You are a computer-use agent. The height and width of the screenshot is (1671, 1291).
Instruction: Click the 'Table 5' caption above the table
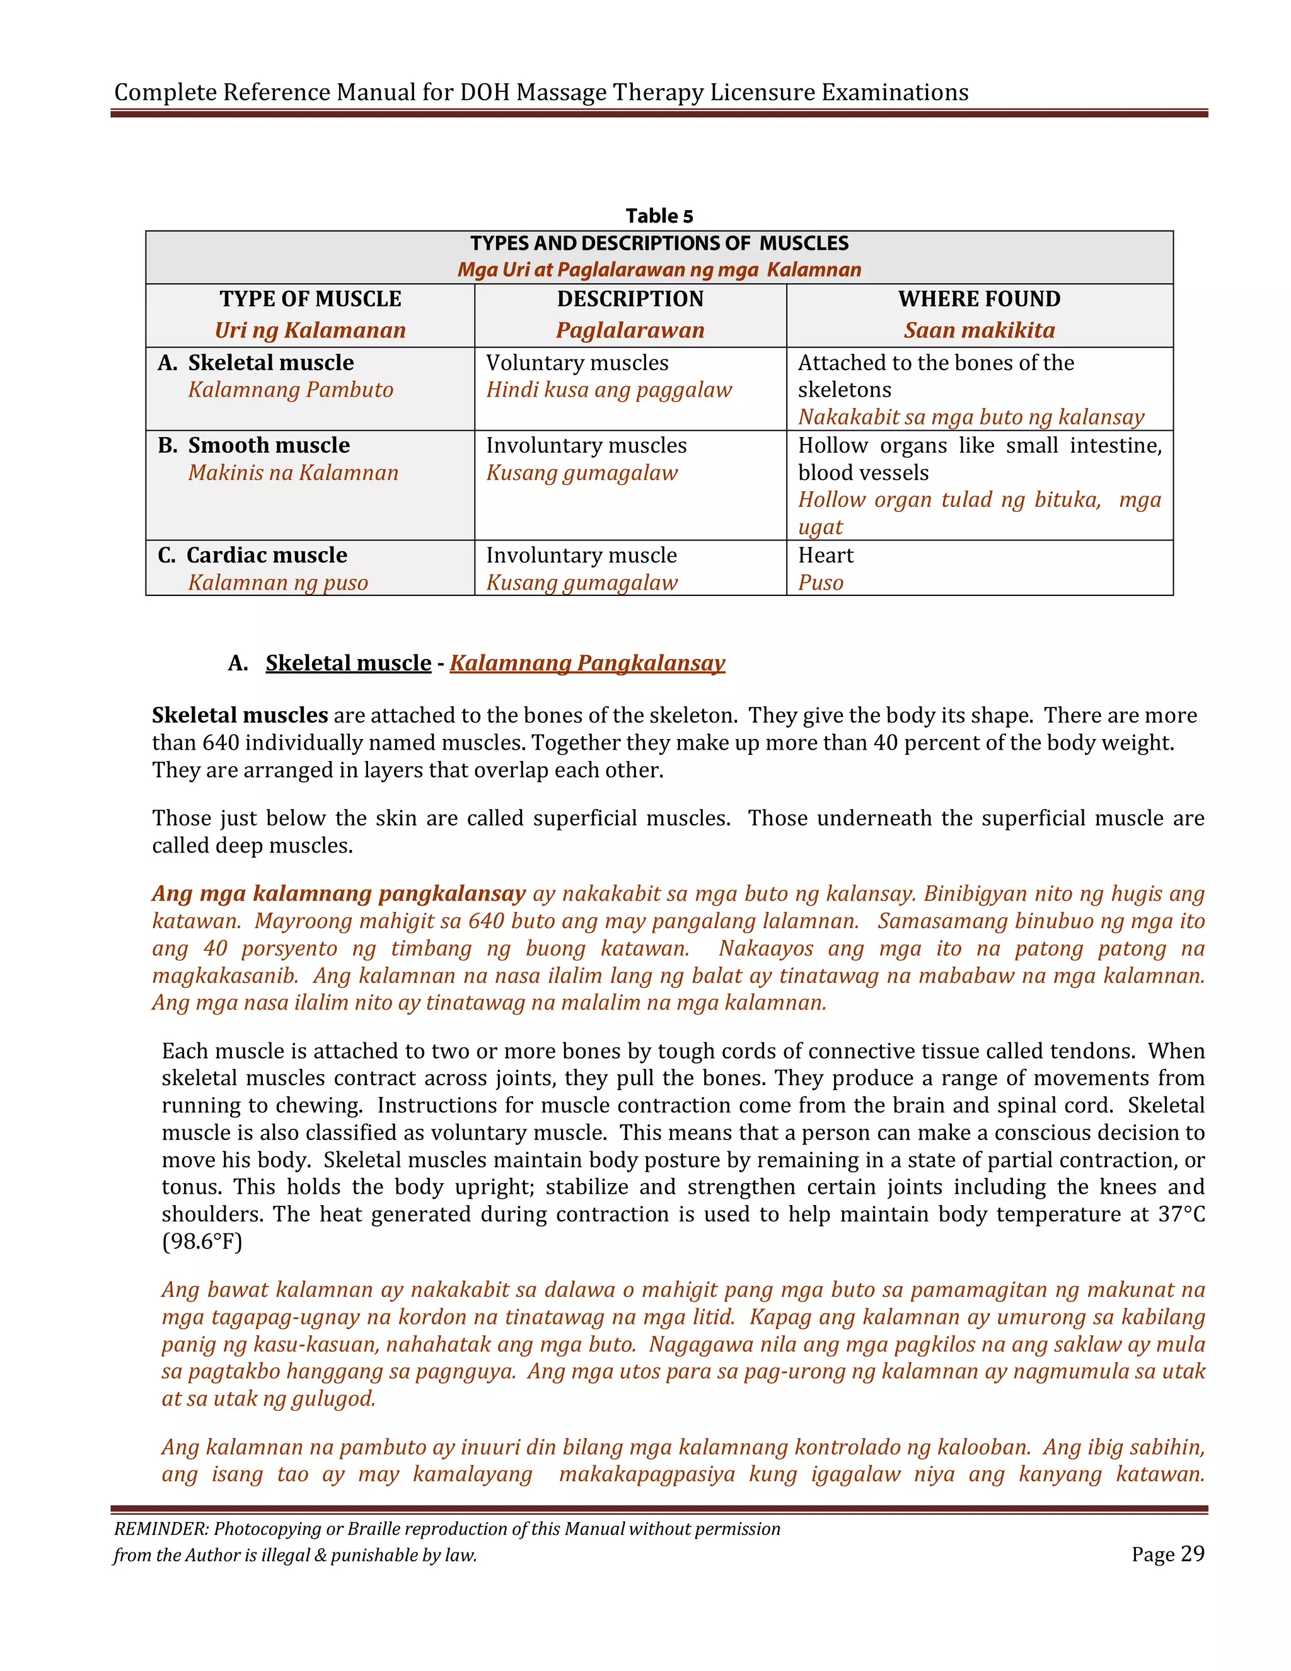[659, 216]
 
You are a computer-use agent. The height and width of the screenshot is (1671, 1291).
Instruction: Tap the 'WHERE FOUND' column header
[979, 299]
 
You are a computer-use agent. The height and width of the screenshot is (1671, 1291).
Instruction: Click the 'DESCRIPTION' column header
[630, 299]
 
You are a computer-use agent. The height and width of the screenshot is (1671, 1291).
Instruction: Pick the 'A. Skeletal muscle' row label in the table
[256, 363]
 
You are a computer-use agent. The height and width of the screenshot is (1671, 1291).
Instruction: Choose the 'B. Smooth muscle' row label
[254, 445]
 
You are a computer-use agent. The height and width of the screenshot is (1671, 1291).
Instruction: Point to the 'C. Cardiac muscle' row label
[252, 556]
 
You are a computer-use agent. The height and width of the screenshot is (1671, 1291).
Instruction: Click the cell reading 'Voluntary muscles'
[577, 363]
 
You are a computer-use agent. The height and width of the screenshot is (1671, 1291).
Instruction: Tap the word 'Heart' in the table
[825, 556]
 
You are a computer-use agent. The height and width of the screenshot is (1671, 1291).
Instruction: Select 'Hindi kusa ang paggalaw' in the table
[609, 390]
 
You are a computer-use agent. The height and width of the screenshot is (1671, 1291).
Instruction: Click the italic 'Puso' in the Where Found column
[820, 583]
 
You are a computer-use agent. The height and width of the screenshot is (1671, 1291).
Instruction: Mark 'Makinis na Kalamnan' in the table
[293, 473]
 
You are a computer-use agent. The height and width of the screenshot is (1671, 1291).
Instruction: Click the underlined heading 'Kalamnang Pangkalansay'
[587, 663]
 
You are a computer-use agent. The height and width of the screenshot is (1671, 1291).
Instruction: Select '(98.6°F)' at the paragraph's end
[202, 1242]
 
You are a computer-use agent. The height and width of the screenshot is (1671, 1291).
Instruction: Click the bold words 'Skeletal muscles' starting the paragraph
[240, 716]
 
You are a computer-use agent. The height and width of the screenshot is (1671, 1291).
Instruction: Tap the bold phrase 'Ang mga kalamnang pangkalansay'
[338, 894]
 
